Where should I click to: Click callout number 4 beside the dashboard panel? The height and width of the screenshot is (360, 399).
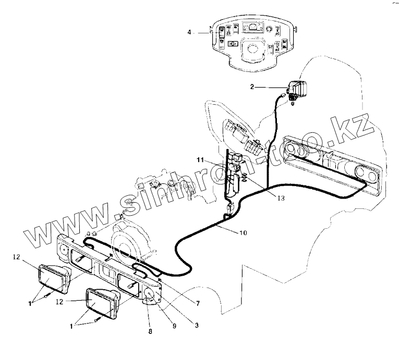[190, 32]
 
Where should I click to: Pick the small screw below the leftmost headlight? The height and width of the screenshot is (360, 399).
[48, 295]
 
